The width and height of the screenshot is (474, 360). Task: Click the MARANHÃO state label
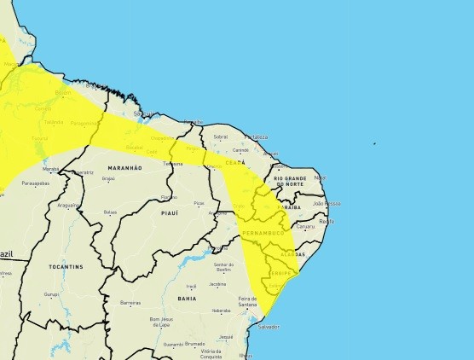pos(124,168)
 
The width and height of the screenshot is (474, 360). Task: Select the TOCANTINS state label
pos(66,266)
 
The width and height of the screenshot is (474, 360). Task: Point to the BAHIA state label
pos(187,299)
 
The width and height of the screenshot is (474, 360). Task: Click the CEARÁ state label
pos(235,161)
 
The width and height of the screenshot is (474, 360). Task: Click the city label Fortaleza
pos(256,136)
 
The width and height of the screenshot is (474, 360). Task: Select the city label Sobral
pos(221,136)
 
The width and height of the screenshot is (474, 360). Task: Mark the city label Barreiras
pos(130,302)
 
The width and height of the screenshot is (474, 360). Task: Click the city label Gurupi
pos(52,293)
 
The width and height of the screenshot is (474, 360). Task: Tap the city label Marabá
pos(51,169)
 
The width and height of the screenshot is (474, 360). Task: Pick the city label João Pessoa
pos(327,203)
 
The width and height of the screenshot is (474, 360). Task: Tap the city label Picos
pos(199,203)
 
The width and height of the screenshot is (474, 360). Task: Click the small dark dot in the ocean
pos(374,143)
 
